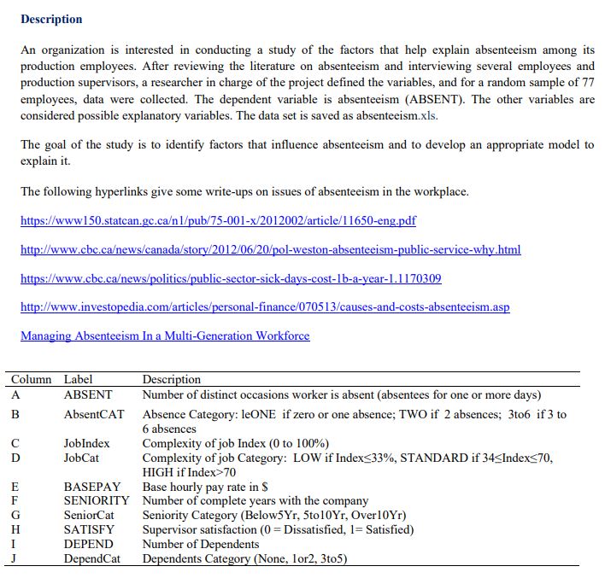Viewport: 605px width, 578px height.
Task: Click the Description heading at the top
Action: (x=51, y=19)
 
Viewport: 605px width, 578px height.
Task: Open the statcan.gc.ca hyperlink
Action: (x=218, y=221)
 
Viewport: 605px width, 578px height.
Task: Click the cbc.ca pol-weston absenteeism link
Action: (x=270, y=249)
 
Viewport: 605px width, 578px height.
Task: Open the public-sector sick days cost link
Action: (x=231, y=278)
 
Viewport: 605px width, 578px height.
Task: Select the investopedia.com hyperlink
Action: (x=265, y=307)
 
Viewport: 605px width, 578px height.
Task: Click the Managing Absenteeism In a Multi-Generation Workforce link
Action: (x=165, y=336)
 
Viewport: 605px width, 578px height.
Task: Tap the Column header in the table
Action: (x=31, y=379)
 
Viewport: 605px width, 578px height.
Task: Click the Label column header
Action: (x=79, y=379)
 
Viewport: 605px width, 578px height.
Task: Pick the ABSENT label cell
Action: (x=88, y=394)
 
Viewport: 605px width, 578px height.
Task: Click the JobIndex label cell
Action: (x=87, y=444)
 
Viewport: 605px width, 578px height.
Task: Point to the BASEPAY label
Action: (x=91, y=486)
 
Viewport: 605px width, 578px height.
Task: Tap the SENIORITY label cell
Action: (x=97, y=500)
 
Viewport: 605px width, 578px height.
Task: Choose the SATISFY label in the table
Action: (x=89, y=529)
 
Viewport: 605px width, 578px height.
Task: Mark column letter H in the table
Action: (x=15, y=529)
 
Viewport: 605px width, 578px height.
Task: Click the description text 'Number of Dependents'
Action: (x=200, y=544)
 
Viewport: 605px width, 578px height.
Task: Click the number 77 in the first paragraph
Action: (x=587, y=83)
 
